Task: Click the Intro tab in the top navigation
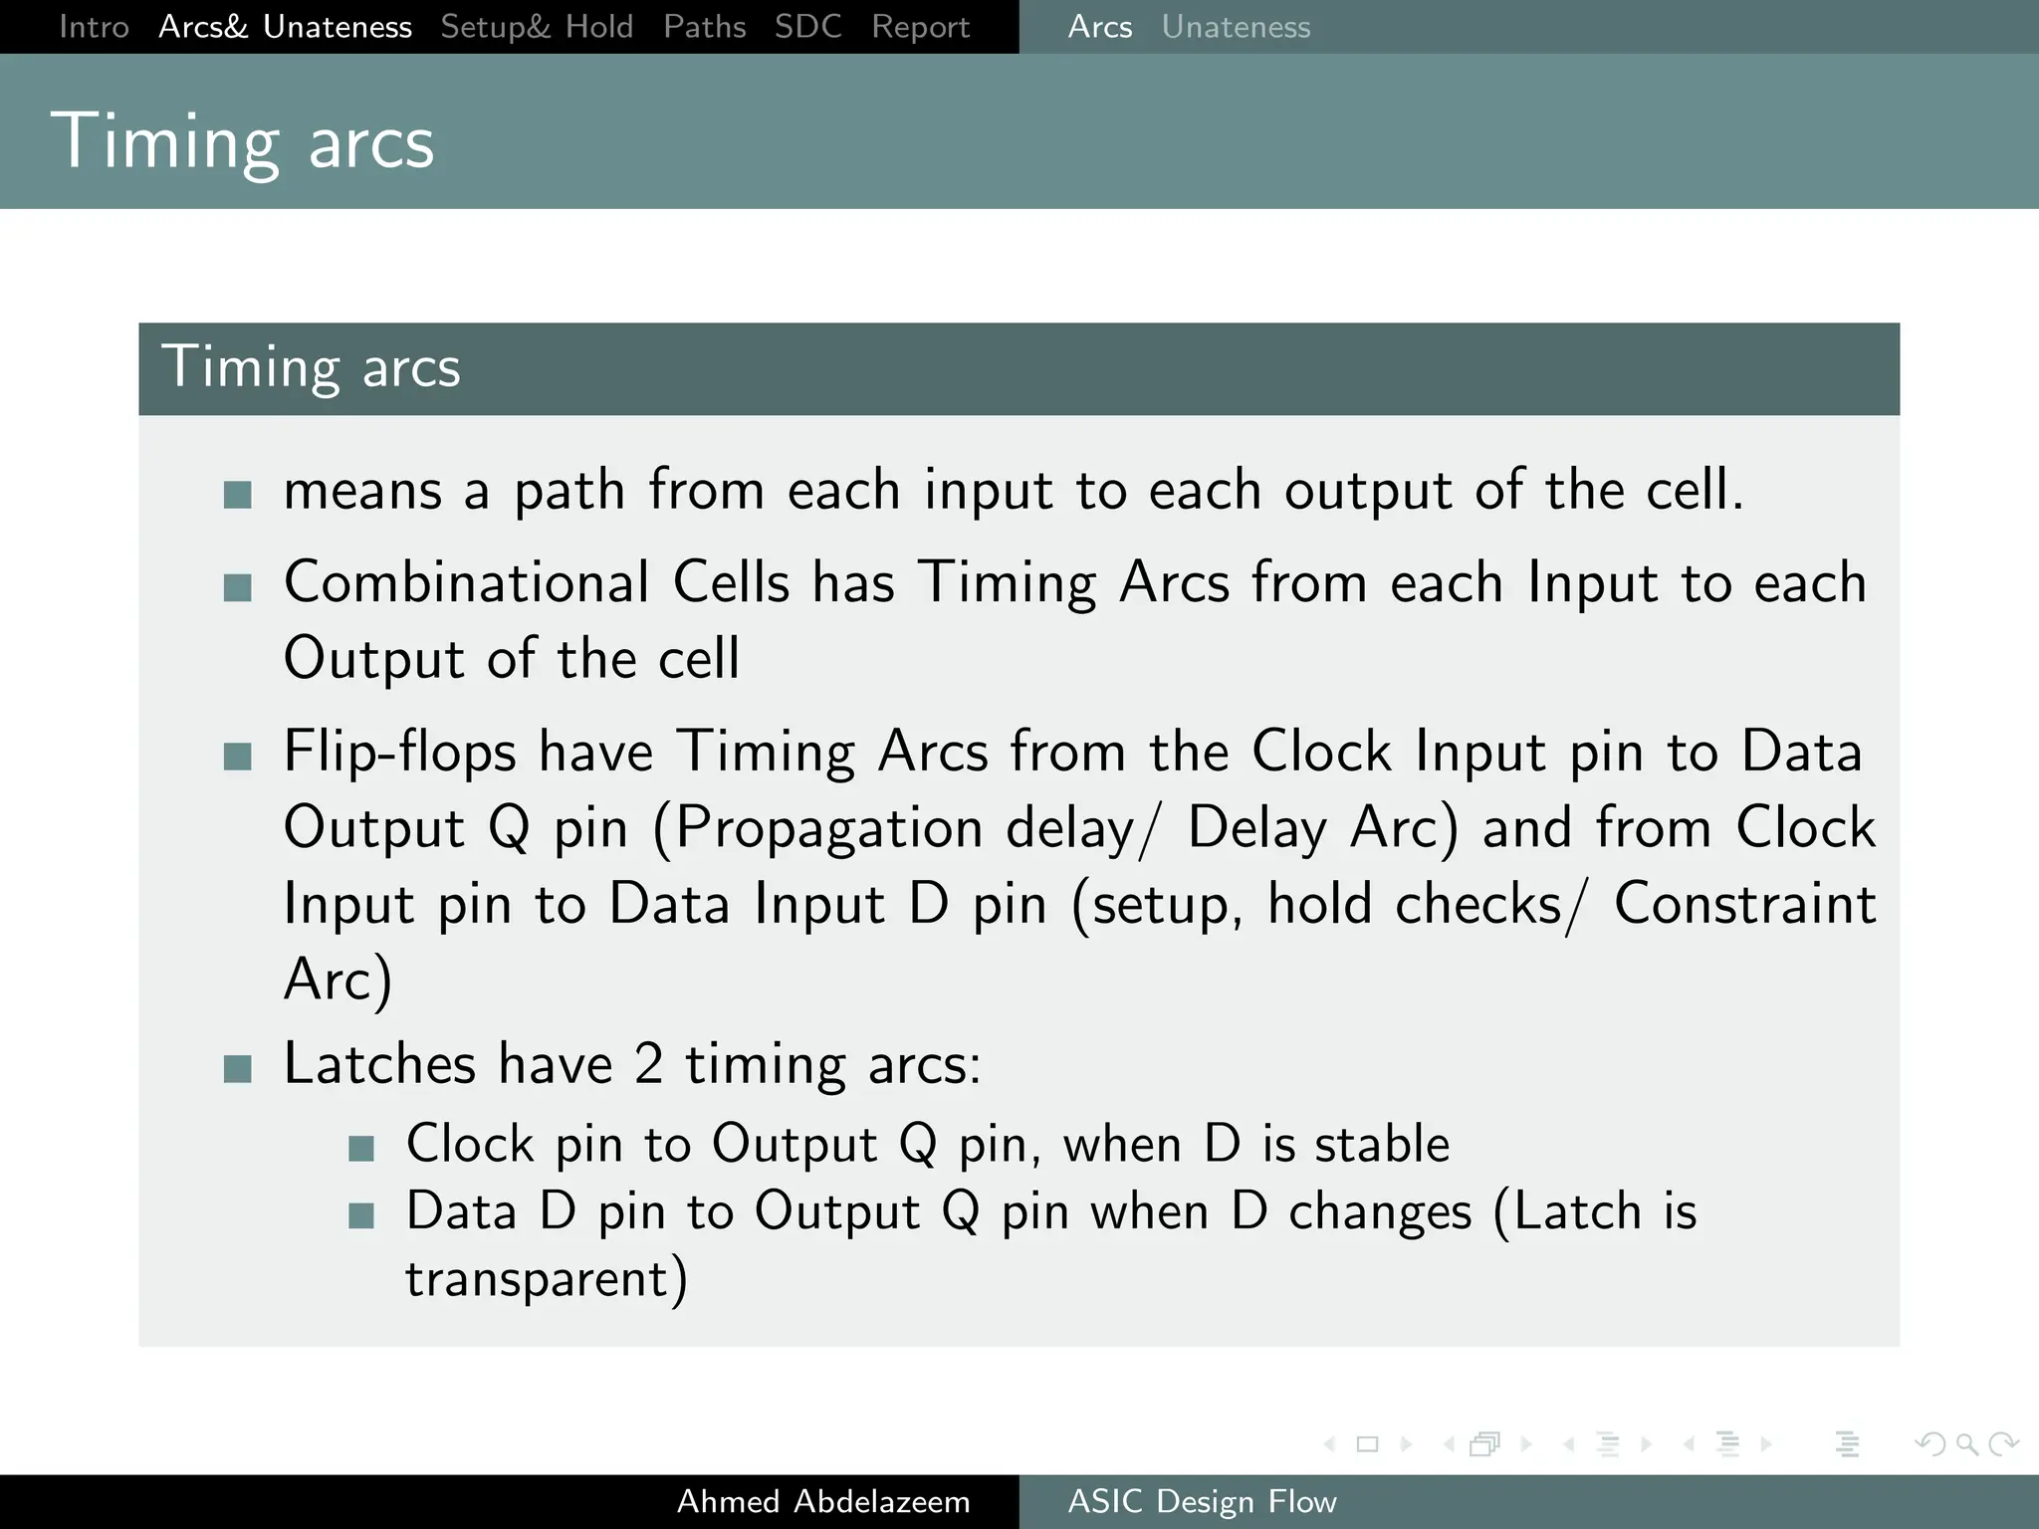coord(94,27)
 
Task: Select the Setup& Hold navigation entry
coord(537,27)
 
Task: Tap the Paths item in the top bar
coord(704,27)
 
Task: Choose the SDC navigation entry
coord(807,27)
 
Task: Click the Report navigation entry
coord(920,27)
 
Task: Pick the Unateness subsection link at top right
coord(1236,27)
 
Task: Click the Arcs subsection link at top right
coord(1099,27)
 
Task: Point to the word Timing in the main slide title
coord(164,142)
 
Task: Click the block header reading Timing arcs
coord(311,367)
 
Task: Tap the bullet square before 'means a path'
coord(237,494)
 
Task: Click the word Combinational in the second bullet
coord(466,582)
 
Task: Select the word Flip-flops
coord(399,752)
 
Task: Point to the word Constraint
coord(1744,904)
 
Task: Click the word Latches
coord(379,1063)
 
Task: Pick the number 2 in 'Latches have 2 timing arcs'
coord(648,1063)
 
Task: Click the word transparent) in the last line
coord(546,1278)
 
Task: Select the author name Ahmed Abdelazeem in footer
coord(823,1501)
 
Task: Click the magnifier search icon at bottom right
coord(1966,1443)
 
